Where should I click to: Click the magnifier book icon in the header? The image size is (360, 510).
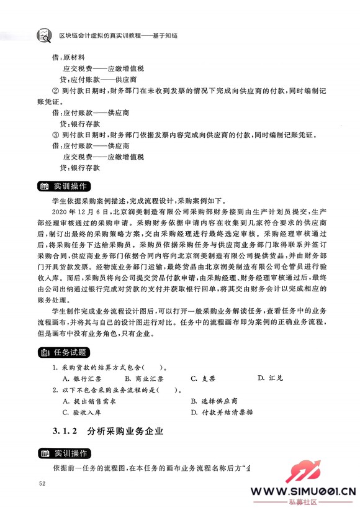43,36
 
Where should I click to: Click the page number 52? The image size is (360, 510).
42,484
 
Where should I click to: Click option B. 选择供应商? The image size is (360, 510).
216,401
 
